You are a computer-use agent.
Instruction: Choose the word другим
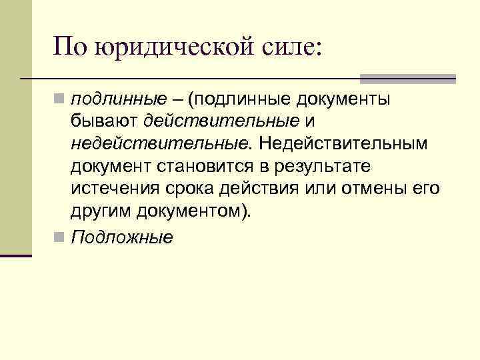(x=101, y=211)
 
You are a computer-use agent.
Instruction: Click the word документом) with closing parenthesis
(x=195, y=211)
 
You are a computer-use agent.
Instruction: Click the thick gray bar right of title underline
(x=407, y=78)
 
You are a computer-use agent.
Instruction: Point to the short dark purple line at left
(x=15, y=255)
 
